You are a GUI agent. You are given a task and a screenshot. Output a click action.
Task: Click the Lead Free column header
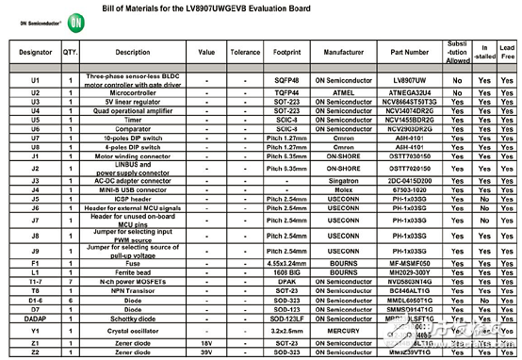508,53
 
